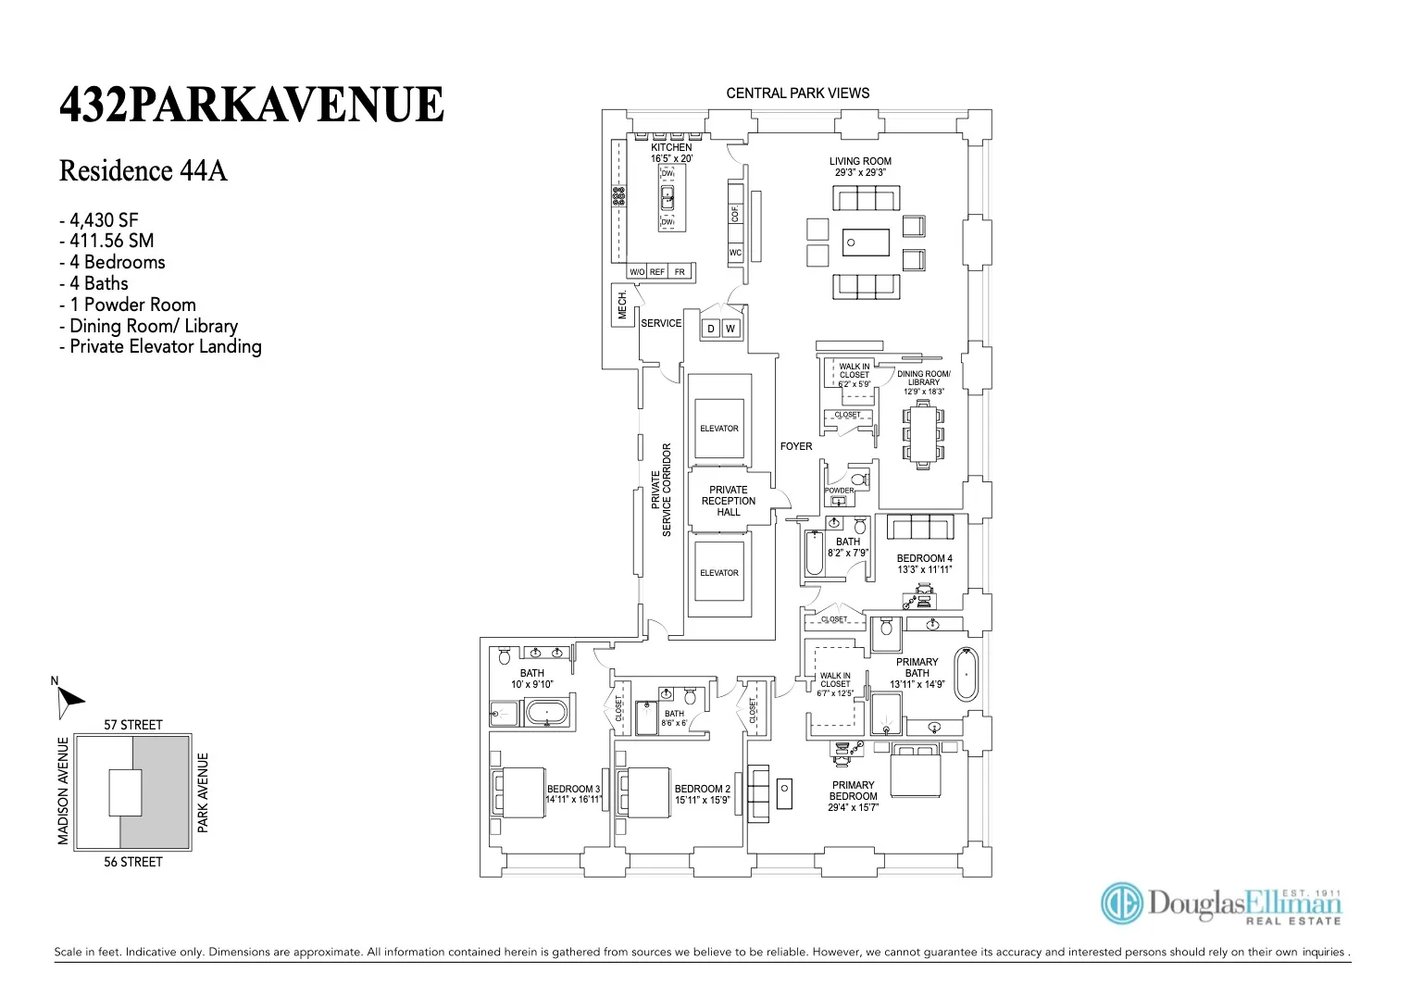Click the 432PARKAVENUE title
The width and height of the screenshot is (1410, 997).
coord(252,105)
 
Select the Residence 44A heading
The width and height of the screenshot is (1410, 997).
coord(143,171)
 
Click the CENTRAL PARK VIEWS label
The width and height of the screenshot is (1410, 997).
coord(797,93)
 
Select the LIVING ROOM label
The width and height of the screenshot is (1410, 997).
coord(860,161)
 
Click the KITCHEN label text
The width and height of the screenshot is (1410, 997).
coord(671,148)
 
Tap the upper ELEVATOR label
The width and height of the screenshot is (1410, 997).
coord(719,429)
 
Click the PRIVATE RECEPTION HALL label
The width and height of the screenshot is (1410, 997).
coord(729,501)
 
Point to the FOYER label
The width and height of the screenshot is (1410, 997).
coord(795,446)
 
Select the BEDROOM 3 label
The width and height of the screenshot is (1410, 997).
coord(573,790)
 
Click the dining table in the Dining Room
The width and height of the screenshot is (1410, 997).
coord(923,433)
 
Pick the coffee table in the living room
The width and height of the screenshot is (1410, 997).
coord(866,243)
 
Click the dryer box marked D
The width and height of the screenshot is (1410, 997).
coord(711,329)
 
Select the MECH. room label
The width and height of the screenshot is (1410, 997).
coord(622,304)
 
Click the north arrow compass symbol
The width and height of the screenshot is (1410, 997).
coord(68,700)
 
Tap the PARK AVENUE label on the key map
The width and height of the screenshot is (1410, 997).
coord(204,791)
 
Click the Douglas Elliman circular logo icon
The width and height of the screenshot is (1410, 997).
coord(1121,903)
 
